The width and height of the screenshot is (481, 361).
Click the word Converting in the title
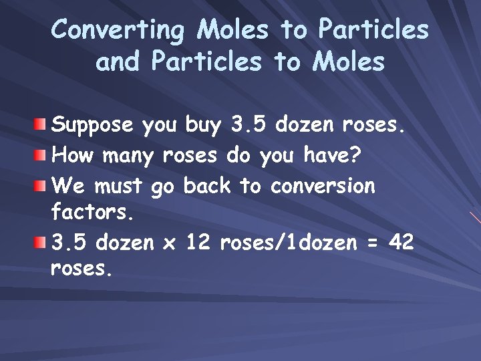119,31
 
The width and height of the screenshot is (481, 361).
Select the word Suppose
94,125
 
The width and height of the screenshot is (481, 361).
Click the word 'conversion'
323,185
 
